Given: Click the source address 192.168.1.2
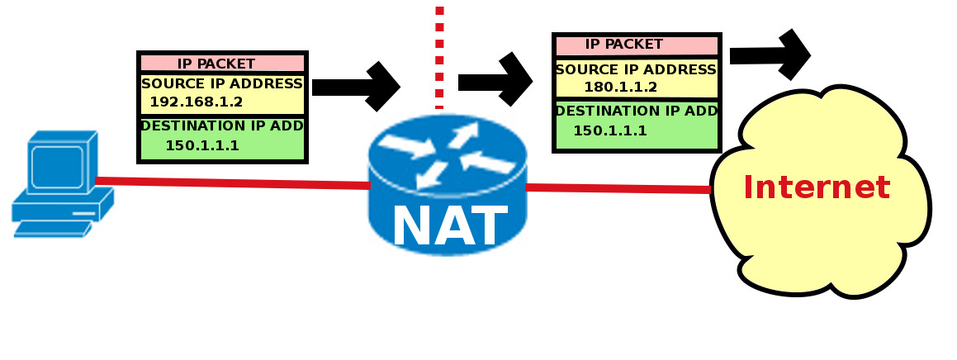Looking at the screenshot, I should (x=197, y=102).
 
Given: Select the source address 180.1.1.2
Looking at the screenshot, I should (x=621, y=88).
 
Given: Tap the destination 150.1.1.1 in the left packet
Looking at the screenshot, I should (x=202, y=146).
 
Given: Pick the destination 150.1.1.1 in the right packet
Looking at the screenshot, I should (x=610, y=131).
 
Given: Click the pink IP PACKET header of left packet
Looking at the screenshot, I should (x=216, y=64).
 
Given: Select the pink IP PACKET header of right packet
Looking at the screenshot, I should (x=624, y=45).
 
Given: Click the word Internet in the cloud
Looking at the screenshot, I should (x=817, y=187).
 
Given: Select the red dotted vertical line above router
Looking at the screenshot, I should (x=439, y=58).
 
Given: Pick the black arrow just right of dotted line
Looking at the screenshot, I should (x=495, y=80).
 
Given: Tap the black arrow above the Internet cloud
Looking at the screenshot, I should (x=770, y=55).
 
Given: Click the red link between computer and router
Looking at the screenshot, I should (x=231, y=182).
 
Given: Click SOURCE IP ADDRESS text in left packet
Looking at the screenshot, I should (x=222, y=83).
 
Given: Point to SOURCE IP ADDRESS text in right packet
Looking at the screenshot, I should (x=636, y=69).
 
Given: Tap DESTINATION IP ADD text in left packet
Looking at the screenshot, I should (x=222, y=126).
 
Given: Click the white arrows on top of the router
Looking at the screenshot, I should (x=447, y=152).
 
